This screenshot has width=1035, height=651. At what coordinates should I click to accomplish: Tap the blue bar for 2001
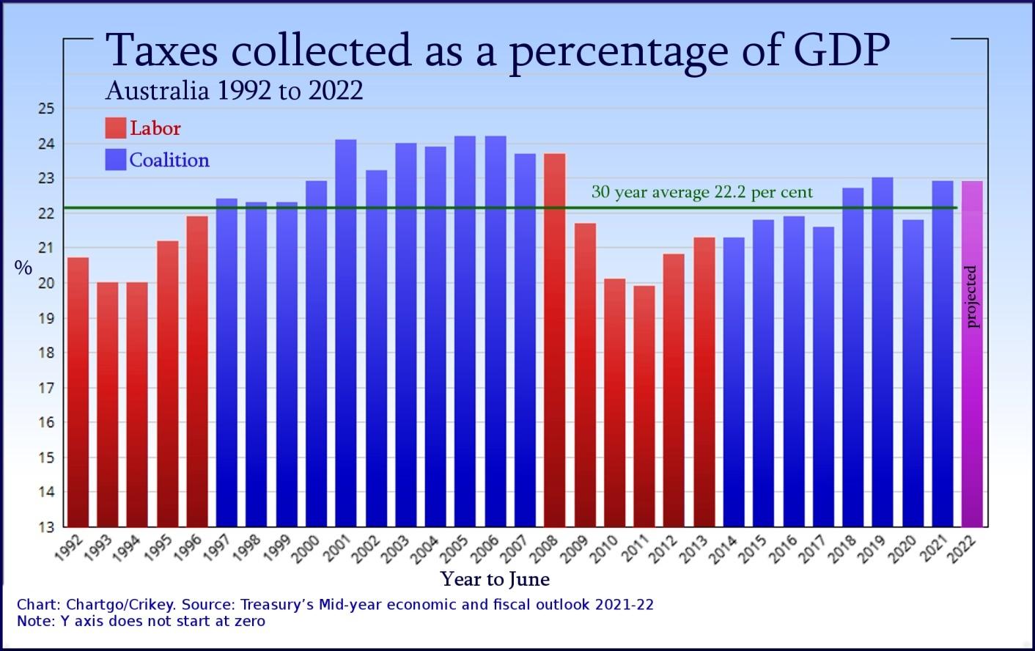click(x=345, y=333)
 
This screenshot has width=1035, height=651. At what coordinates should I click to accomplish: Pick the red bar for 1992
click(x=78, y=391)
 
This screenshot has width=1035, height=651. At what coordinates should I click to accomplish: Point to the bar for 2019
click(x=883, y=352)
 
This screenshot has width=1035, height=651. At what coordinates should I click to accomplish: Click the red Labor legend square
click(x=115, y=128)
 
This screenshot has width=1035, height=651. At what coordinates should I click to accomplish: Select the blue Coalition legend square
click(x=115, y=160)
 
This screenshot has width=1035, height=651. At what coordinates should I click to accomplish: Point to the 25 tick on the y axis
click(x=46, y=109)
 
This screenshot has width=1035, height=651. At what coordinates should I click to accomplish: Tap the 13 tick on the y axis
click(x=46, y=527)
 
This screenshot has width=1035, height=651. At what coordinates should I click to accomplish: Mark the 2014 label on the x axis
click(x=723, y=549)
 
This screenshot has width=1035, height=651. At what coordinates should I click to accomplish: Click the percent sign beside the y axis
click(x=23, y=268)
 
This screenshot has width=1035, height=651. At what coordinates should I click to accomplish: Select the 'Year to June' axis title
click(x=495, y=580)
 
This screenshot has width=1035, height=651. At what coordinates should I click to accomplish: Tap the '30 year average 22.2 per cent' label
click(x=701, y=193)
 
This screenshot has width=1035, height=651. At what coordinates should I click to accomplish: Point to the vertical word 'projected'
click(x=972, y=296)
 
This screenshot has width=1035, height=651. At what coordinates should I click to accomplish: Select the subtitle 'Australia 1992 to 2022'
click(x=234, y=91)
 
